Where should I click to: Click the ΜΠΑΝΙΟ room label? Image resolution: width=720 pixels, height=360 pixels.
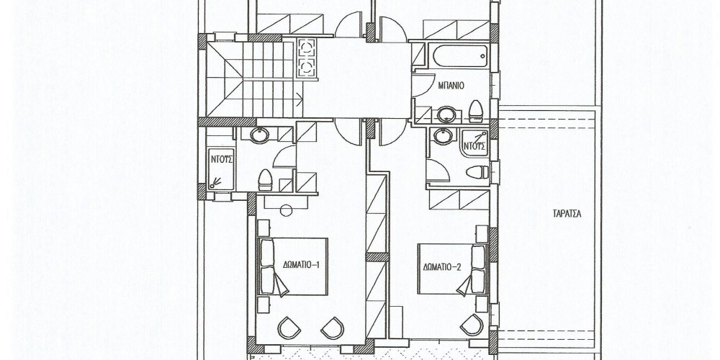tap(451, 86)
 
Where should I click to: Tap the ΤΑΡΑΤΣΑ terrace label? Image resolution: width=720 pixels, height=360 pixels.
tap(567, 214)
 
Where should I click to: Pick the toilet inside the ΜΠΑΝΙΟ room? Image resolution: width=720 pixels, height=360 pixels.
tap(476, 111)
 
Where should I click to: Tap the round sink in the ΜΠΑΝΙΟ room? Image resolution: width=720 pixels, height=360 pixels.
tap(446, 114)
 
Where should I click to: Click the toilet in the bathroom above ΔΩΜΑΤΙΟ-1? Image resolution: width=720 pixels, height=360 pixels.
tap(265, 179)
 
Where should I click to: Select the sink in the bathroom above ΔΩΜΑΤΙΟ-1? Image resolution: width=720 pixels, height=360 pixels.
tap(260, 135)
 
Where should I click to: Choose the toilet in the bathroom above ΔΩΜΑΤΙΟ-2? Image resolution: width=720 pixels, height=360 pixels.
tap(477, 172)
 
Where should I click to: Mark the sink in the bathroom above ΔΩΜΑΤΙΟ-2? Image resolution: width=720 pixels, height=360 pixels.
tap(443, 136)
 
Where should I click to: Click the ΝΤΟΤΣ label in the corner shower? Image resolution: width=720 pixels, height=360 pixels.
tap(474, 147)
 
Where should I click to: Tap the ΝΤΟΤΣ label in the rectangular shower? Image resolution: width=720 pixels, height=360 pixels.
tap(222, 160)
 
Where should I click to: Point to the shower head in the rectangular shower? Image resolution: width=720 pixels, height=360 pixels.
tap(215, 183)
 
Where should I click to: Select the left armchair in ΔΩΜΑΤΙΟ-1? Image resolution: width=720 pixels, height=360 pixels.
tap(289, 328)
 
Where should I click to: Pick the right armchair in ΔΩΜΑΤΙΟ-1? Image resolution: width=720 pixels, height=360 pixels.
tap(333, 328)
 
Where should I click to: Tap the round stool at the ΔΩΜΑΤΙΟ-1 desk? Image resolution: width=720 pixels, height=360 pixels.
tap(286, 210)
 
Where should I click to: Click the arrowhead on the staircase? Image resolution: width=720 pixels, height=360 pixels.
tap(300, 97)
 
